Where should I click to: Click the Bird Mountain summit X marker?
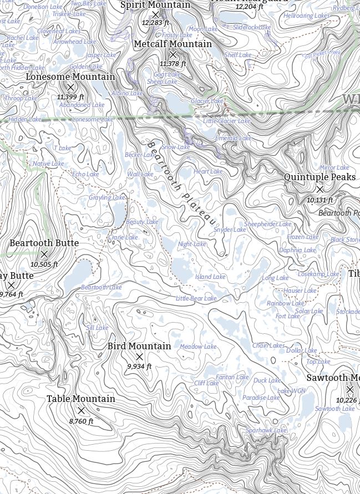140,357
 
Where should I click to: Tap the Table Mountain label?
81,399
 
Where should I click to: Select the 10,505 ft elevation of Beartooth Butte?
44,264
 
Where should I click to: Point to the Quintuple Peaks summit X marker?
320,190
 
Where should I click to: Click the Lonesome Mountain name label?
70,77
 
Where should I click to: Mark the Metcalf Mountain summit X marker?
173,55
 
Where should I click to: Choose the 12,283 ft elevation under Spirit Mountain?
155,23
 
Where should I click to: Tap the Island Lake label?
210,277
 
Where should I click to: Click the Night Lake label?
192,244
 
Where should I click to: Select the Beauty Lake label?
142,222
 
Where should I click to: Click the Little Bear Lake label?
196,298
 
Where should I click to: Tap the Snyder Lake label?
230,230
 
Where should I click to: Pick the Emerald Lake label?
234,138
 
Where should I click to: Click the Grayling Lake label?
107,197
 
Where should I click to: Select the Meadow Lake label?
198,347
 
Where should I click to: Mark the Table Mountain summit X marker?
82,410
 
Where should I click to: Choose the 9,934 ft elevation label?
139,366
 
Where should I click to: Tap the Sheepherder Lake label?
268,224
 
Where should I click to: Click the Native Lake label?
48,164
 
